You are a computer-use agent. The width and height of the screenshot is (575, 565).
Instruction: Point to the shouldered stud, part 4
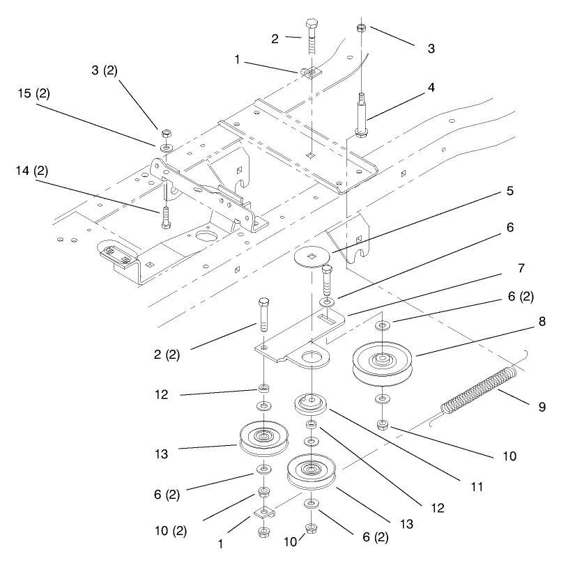click(x=362, y=115)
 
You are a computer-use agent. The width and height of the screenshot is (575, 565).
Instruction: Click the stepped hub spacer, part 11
click(x=311, y=405)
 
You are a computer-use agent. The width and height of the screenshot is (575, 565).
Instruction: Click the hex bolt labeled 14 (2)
click(x=165, y=214)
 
